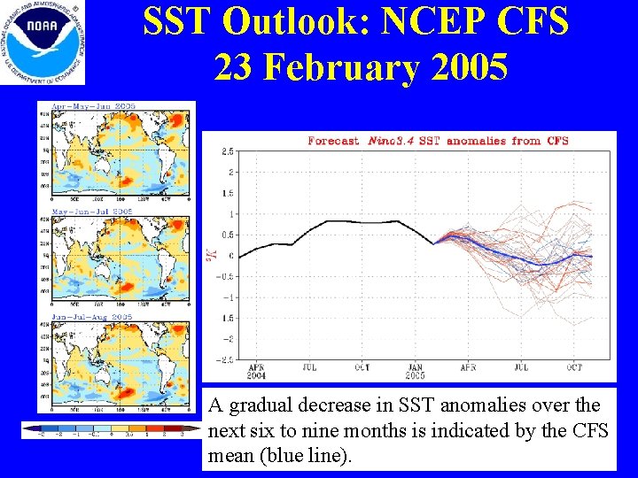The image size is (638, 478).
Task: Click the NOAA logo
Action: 43,42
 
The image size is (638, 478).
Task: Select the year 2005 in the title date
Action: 468,66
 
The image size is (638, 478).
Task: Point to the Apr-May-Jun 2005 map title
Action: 92,106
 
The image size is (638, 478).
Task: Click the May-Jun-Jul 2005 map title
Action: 92,212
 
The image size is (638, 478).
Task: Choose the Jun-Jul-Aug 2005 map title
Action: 92,317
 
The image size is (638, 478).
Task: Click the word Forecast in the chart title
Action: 333,141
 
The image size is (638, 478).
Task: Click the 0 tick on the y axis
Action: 230,256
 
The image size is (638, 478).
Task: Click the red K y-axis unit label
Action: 211,254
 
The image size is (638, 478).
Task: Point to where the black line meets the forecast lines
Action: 435,243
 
